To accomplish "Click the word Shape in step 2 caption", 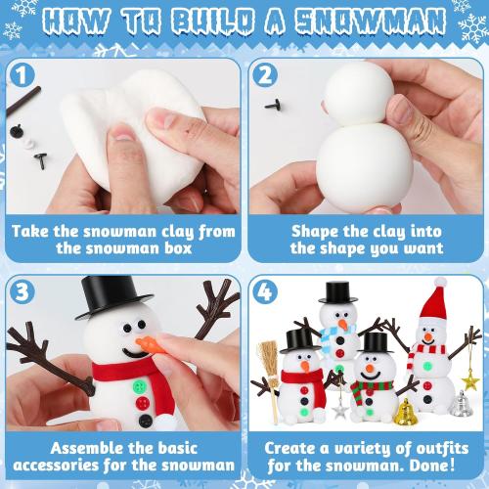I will click(316, 232).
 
